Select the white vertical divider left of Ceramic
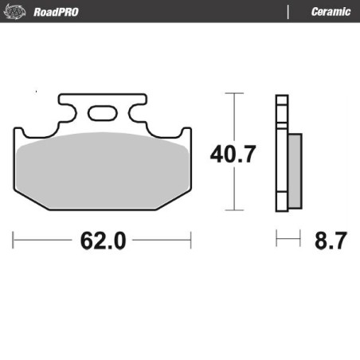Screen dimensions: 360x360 tap(288, 11)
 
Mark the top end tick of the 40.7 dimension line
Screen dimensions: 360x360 tap(233, 93)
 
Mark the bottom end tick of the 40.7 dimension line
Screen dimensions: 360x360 tap(233, 210)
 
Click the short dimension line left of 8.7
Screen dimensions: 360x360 tap(288, 238)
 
